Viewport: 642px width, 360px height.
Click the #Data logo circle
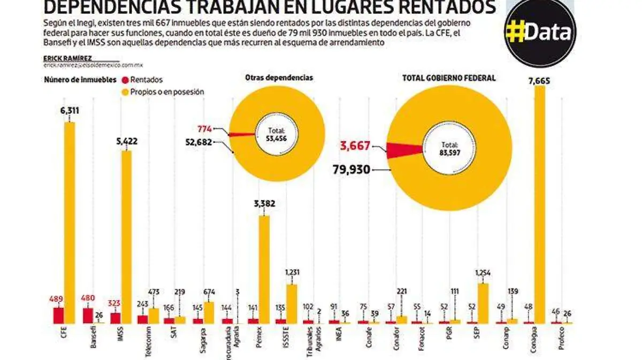point(541,32)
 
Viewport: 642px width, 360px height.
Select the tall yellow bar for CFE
point(70,223)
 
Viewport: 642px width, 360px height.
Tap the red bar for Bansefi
point(87,316)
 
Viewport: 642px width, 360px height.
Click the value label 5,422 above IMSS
point(127,143)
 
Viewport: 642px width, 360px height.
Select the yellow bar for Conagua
point(540,203)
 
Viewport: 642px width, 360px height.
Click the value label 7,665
point(539,81)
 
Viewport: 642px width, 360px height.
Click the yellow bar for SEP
point(483,303)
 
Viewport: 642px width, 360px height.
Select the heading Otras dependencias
point(279,78)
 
